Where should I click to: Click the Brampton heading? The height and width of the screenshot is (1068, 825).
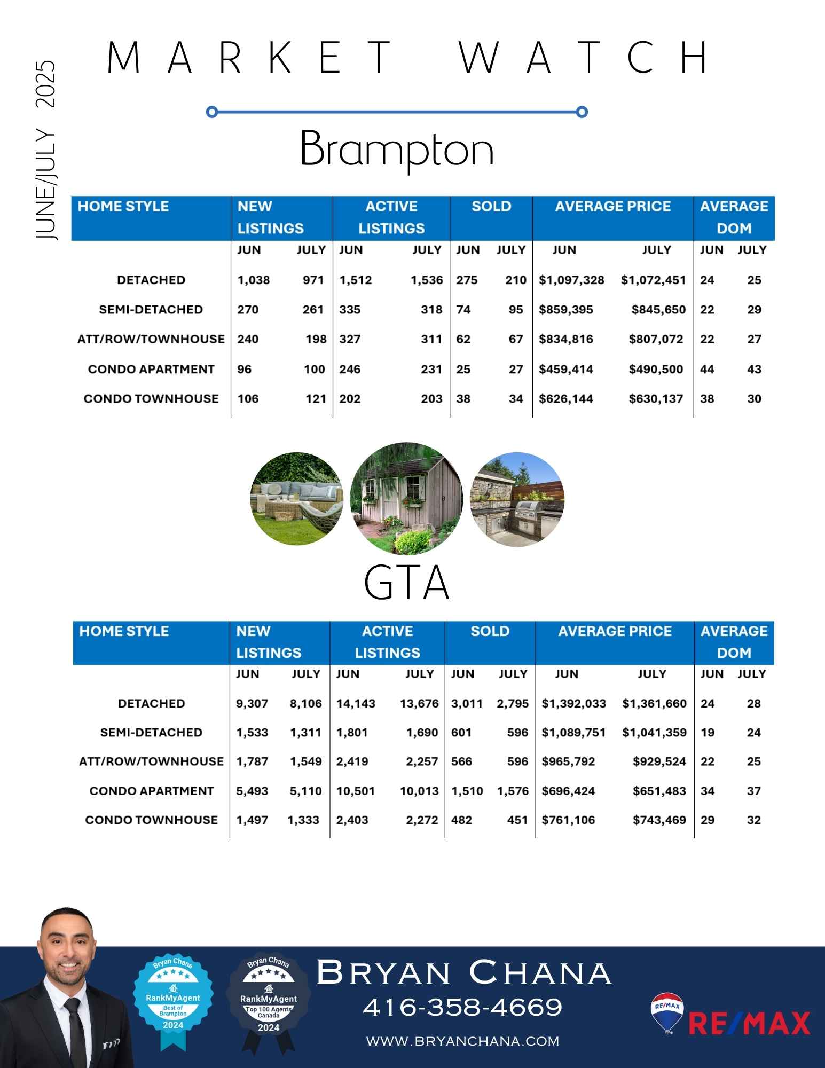click(x=397, y=149)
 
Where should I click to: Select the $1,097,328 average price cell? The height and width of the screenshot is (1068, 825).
click(x=571, y=280)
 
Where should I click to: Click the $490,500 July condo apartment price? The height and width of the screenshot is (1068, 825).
click(x=656, y=370)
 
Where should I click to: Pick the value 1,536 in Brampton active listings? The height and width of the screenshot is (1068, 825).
click(x=427, y=280)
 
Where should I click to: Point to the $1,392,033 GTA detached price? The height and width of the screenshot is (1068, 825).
click(x=573, y=704)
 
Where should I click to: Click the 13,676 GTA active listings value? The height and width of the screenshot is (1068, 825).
click(x=419, y=704)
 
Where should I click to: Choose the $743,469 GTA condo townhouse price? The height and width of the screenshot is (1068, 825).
click(x=659, y=820)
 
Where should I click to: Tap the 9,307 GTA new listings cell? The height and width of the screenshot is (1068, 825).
click(x=252, y=704)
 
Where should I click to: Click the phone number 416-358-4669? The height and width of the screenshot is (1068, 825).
click(x=462, y=1008)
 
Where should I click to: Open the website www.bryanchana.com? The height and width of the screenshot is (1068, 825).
click(x=462, y=1041)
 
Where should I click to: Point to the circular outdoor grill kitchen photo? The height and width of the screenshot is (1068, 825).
click(x=517, y=500)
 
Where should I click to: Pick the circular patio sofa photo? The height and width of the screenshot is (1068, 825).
click(x=297, y=499)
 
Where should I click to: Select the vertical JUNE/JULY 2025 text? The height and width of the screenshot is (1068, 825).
click(x=46, y=150)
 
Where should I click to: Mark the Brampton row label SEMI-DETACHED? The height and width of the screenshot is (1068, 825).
click(x=151, y=310)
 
